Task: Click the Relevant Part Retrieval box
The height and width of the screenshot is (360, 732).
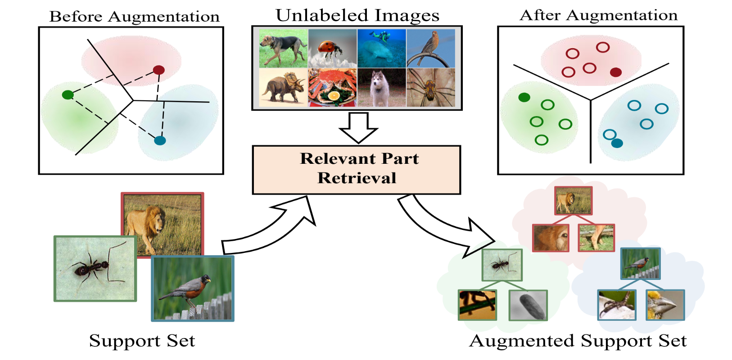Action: pyautogui.click(x=356, y=170)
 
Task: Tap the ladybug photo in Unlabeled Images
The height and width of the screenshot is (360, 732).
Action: pyautogui.click(x=332, y=48)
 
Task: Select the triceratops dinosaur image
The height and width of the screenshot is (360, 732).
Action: pyautogui.click(x=283, y=87)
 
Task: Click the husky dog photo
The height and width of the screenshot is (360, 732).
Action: pyautogui.click(x=381, y=87)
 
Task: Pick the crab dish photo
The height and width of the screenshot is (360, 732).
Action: pyautogui.click(x=332, y=87)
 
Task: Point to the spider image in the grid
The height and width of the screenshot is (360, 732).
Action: pyautogui.click(x=431, y=87)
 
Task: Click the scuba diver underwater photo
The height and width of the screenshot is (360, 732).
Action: pyautogui.click(x=381, y=48)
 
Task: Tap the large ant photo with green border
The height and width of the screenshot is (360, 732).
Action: pyautogui.click(x=95, y=268)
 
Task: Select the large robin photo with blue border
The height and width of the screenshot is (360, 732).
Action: pyautogui.click(x=193, y=288)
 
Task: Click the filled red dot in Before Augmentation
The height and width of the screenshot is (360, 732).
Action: pyautogui.click(x=158, y=70)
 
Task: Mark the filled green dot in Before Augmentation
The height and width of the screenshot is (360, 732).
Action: pyautogui.click(x=68, y=94)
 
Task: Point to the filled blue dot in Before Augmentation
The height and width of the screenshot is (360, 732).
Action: pyautogui.click(x=160, y=140)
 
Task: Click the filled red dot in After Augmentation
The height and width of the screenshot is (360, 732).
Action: pyautogui.click(x=615, y=72)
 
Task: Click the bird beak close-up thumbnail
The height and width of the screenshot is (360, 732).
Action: pyautogui.click(x=665, y=305)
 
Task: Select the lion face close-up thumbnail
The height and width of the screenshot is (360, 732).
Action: pyautogui.click(x=550, y=238)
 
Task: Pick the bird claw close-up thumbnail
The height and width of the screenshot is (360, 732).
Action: pyautogui.click(x=616, y=305)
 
